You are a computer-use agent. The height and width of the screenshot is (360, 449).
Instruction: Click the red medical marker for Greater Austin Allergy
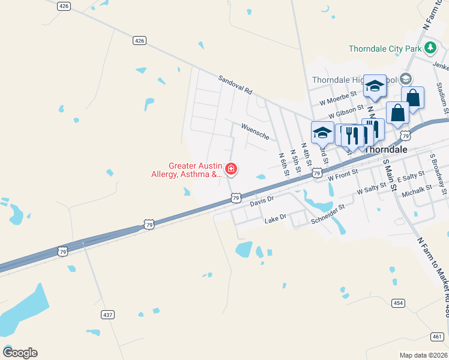[x=231, y=170]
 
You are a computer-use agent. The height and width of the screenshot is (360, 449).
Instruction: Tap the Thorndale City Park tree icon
[x=430, y=47]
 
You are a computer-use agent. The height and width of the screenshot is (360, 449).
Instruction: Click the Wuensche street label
[x=258, y=130]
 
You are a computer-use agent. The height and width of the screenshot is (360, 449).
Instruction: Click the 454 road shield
[x=398, y=302]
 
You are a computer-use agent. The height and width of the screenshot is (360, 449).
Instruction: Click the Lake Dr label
[x=276, y=221]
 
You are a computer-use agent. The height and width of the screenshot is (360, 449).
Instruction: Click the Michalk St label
[x=417, y=191]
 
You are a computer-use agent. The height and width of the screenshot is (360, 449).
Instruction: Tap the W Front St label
[x=343, y=175]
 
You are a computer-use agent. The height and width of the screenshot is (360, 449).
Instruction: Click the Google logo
[x=20, y=353]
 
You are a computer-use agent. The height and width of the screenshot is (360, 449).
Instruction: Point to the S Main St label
[x=390, y=175]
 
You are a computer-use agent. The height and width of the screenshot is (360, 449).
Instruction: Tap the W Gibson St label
[x=346, y=112]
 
